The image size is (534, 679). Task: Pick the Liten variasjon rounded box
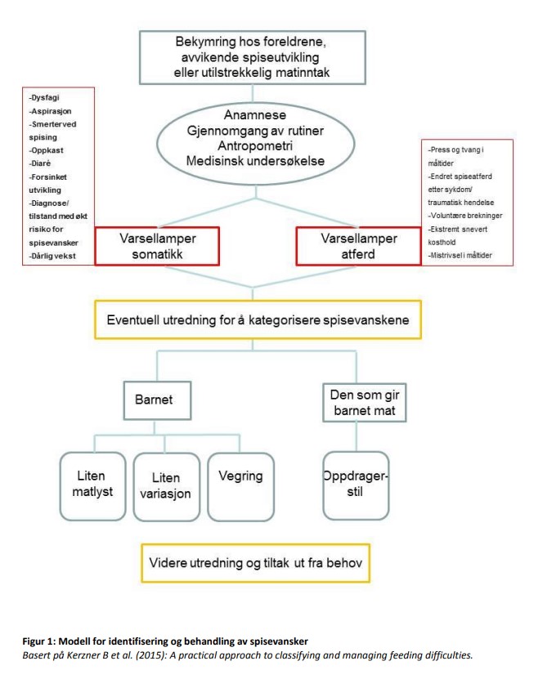click(165, 485)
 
